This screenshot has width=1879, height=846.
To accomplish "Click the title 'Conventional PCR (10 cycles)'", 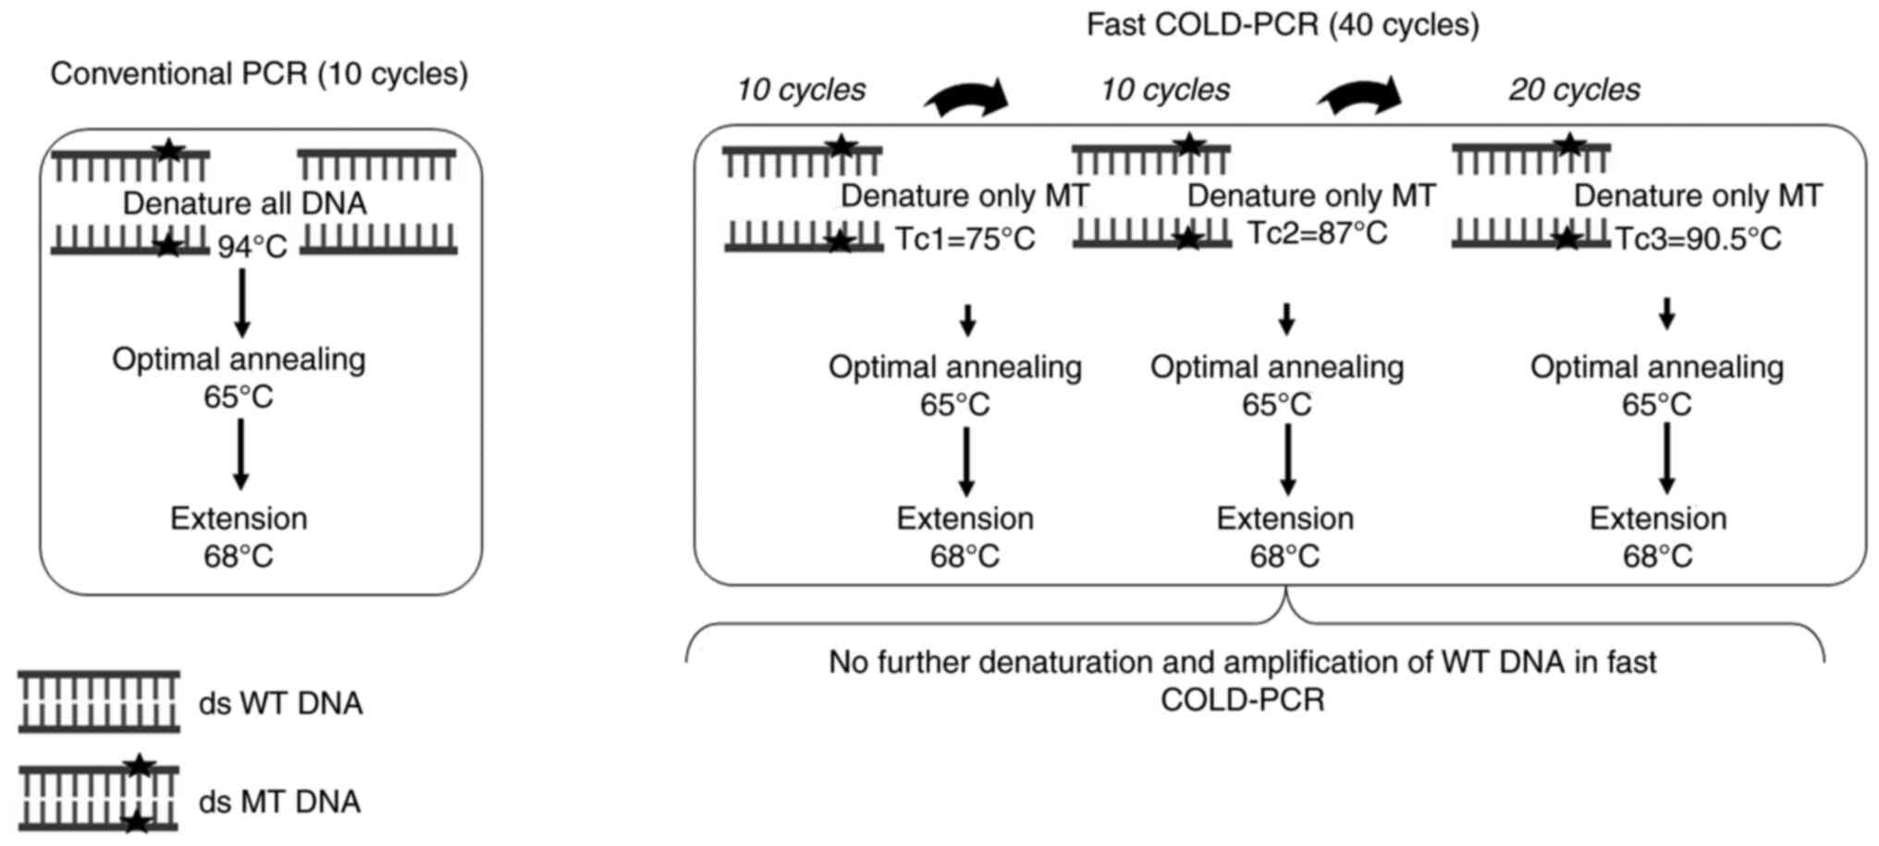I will click(259, 74).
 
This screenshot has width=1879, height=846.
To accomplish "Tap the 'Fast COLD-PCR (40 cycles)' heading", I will click(1282, 24).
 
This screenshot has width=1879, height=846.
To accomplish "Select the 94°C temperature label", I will click(252, 247).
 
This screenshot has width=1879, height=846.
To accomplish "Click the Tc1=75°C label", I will click(965, 239).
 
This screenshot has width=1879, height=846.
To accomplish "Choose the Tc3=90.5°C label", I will click(1698, 239).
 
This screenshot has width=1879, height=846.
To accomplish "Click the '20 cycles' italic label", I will click(1574, 90).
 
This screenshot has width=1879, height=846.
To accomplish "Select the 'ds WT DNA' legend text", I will click(280, 704).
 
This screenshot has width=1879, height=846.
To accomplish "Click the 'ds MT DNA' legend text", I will click(279, 802).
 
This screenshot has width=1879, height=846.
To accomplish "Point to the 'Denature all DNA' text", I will click(244, 203).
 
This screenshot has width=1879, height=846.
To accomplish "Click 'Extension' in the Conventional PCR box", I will click(239, 519).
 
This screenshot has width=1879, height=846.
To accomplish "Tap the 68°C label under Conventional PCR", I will click(239, 557).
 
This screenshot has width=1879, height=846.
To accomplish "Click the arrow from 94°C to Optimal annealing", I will click(242, 302).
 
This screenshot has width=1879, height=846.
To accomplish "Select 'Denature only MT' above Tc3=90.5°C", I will click(1698, 196).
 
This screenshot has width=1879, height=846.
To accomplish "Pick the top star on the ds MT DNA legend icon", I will click(139, 765).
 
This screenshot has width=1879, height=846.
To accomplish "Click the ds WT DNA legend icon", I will click(99, 702).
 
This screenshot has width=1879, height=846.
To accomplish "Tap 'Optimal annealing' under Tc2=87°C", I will click(1277, 367).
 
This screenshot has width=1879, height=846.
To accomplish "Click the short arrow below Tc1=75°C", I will click(967, 320).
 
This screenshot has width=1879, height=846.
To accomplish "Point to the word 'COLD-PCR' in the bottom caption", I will click(1242, 700).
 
